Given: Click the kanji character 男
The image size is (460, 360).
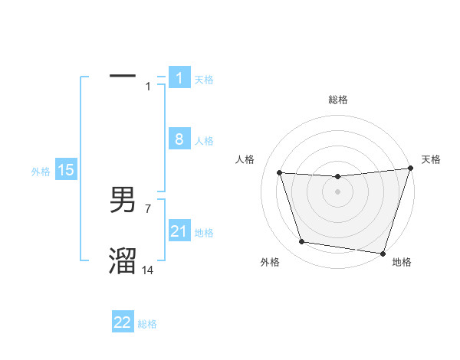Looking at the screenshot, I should coord(123,201).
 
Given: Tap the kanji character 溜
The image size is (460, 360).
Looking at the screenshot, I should coord(123,261).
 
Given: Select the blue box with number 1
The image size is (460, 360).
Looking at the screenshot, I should coord(179,77).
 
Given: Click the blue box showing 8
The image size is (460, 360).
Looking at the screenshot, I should coord(179,139).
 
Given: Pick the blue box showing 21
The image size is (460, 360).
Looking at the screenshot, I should coord(179,231).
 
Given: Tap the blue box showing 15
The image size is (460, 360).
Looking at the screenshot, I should coord(66,170).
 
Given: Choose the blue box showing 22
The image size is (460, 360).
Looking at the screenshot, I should coord(123,322).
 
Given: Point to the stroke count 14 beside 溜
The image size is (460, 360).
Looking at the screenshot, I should coord(148,270).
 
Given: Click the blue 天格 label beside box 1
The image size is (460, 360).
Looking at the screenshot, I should coord(204,79).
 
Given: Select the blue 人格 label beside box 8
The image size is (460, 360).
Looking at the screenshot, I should coord(204,141).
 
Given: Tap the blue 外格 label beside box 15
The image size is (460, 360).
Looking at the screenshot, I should coord(41,172).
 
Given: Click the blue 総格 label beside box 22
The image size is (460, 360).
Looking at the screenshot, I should coord(147,324).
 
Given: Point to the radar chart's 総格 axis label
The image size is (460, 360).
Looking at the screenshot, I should coord(337,100).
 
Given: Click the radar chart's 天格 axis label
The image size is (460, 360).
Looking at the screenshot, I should coord(431,159).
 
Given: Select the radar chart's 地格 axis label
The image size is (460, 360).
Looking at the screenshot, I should coord(402,262).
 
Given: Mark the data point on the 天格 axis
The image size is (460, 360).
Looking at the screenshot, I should coord(410,169).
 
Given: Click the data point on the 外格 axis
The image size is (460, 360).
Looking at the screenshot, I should coord(302,242).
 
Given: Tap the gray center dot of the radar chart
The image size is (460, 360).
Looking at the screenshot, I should coord(337,191).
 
